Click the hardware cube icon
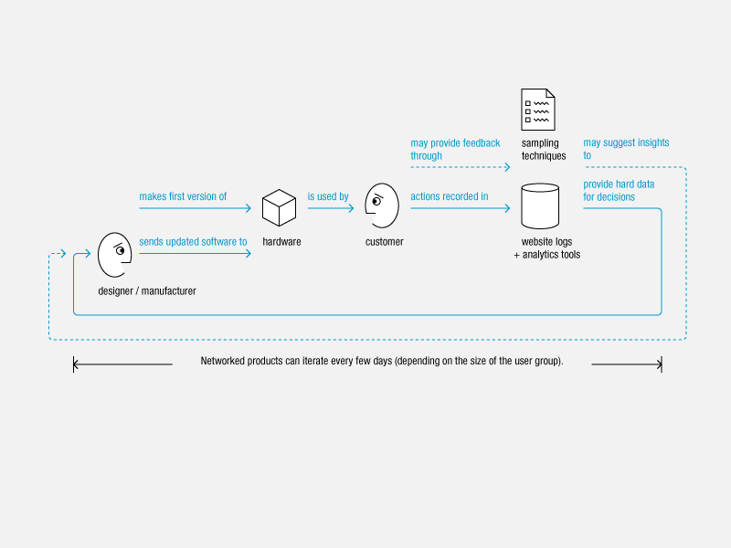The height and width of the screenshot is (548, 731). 279,208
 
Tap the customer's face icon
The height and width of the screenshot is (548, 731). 382,205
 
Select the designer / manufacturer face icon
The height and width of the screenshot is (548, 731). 115,255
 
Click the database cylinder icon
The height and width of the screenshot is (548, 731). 540,206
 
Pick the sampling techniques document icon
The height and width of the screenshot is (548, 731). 538,110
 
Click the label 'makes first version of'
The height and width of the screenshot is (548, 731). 183,196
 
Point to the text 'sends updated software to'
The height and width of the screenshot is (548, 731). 193,241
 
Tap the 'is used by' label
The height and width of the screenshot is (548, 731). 328,196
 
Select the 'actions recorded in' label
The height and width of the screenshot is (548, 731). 449,196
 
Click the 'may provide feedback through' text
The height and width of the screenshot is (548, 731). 455,149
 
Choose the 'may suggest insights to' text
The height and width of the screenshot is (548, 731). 626,149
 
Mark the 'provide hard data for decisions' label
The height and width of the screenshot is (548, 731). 619,190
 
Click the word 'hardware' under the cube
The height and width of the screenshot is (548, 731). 281,241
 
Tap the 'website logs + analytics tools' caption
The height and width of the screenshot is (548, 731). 546,248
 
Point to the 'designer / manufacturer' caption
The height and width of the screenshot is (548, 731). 147,290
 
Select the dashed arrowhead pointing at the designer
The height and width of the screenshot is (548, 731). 63,254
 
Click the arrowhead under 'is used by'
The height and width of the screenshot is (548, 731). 351,208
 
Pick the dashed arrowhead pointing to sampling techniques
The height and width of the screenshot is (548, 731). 507,167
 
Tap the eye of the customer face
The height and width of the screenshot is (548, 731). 376,201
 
